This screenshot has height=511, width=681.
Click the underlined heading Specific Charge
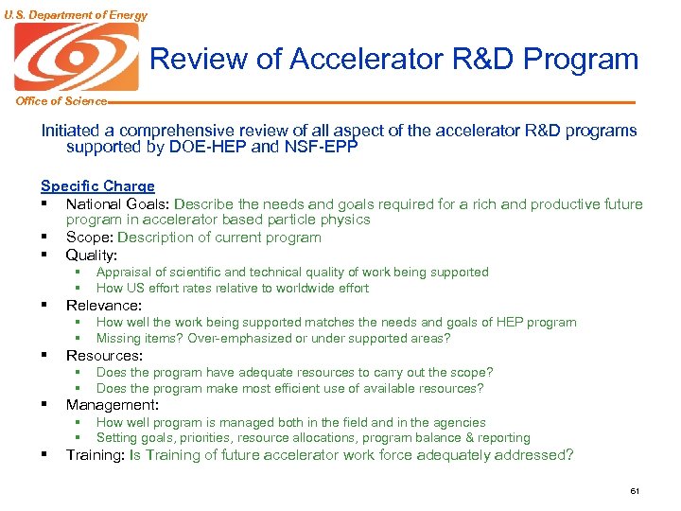97,186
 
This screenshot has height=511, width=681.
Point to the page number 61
635,491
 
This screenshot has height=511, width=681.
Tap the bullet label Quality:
92,255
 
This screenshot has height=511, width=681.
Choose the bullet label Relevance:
103,306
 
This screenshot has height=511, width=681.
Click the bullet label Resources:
104,356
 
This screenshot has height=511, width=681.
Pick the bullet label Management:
112,405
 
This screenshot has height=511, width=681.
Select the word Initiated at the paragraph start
71,131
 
